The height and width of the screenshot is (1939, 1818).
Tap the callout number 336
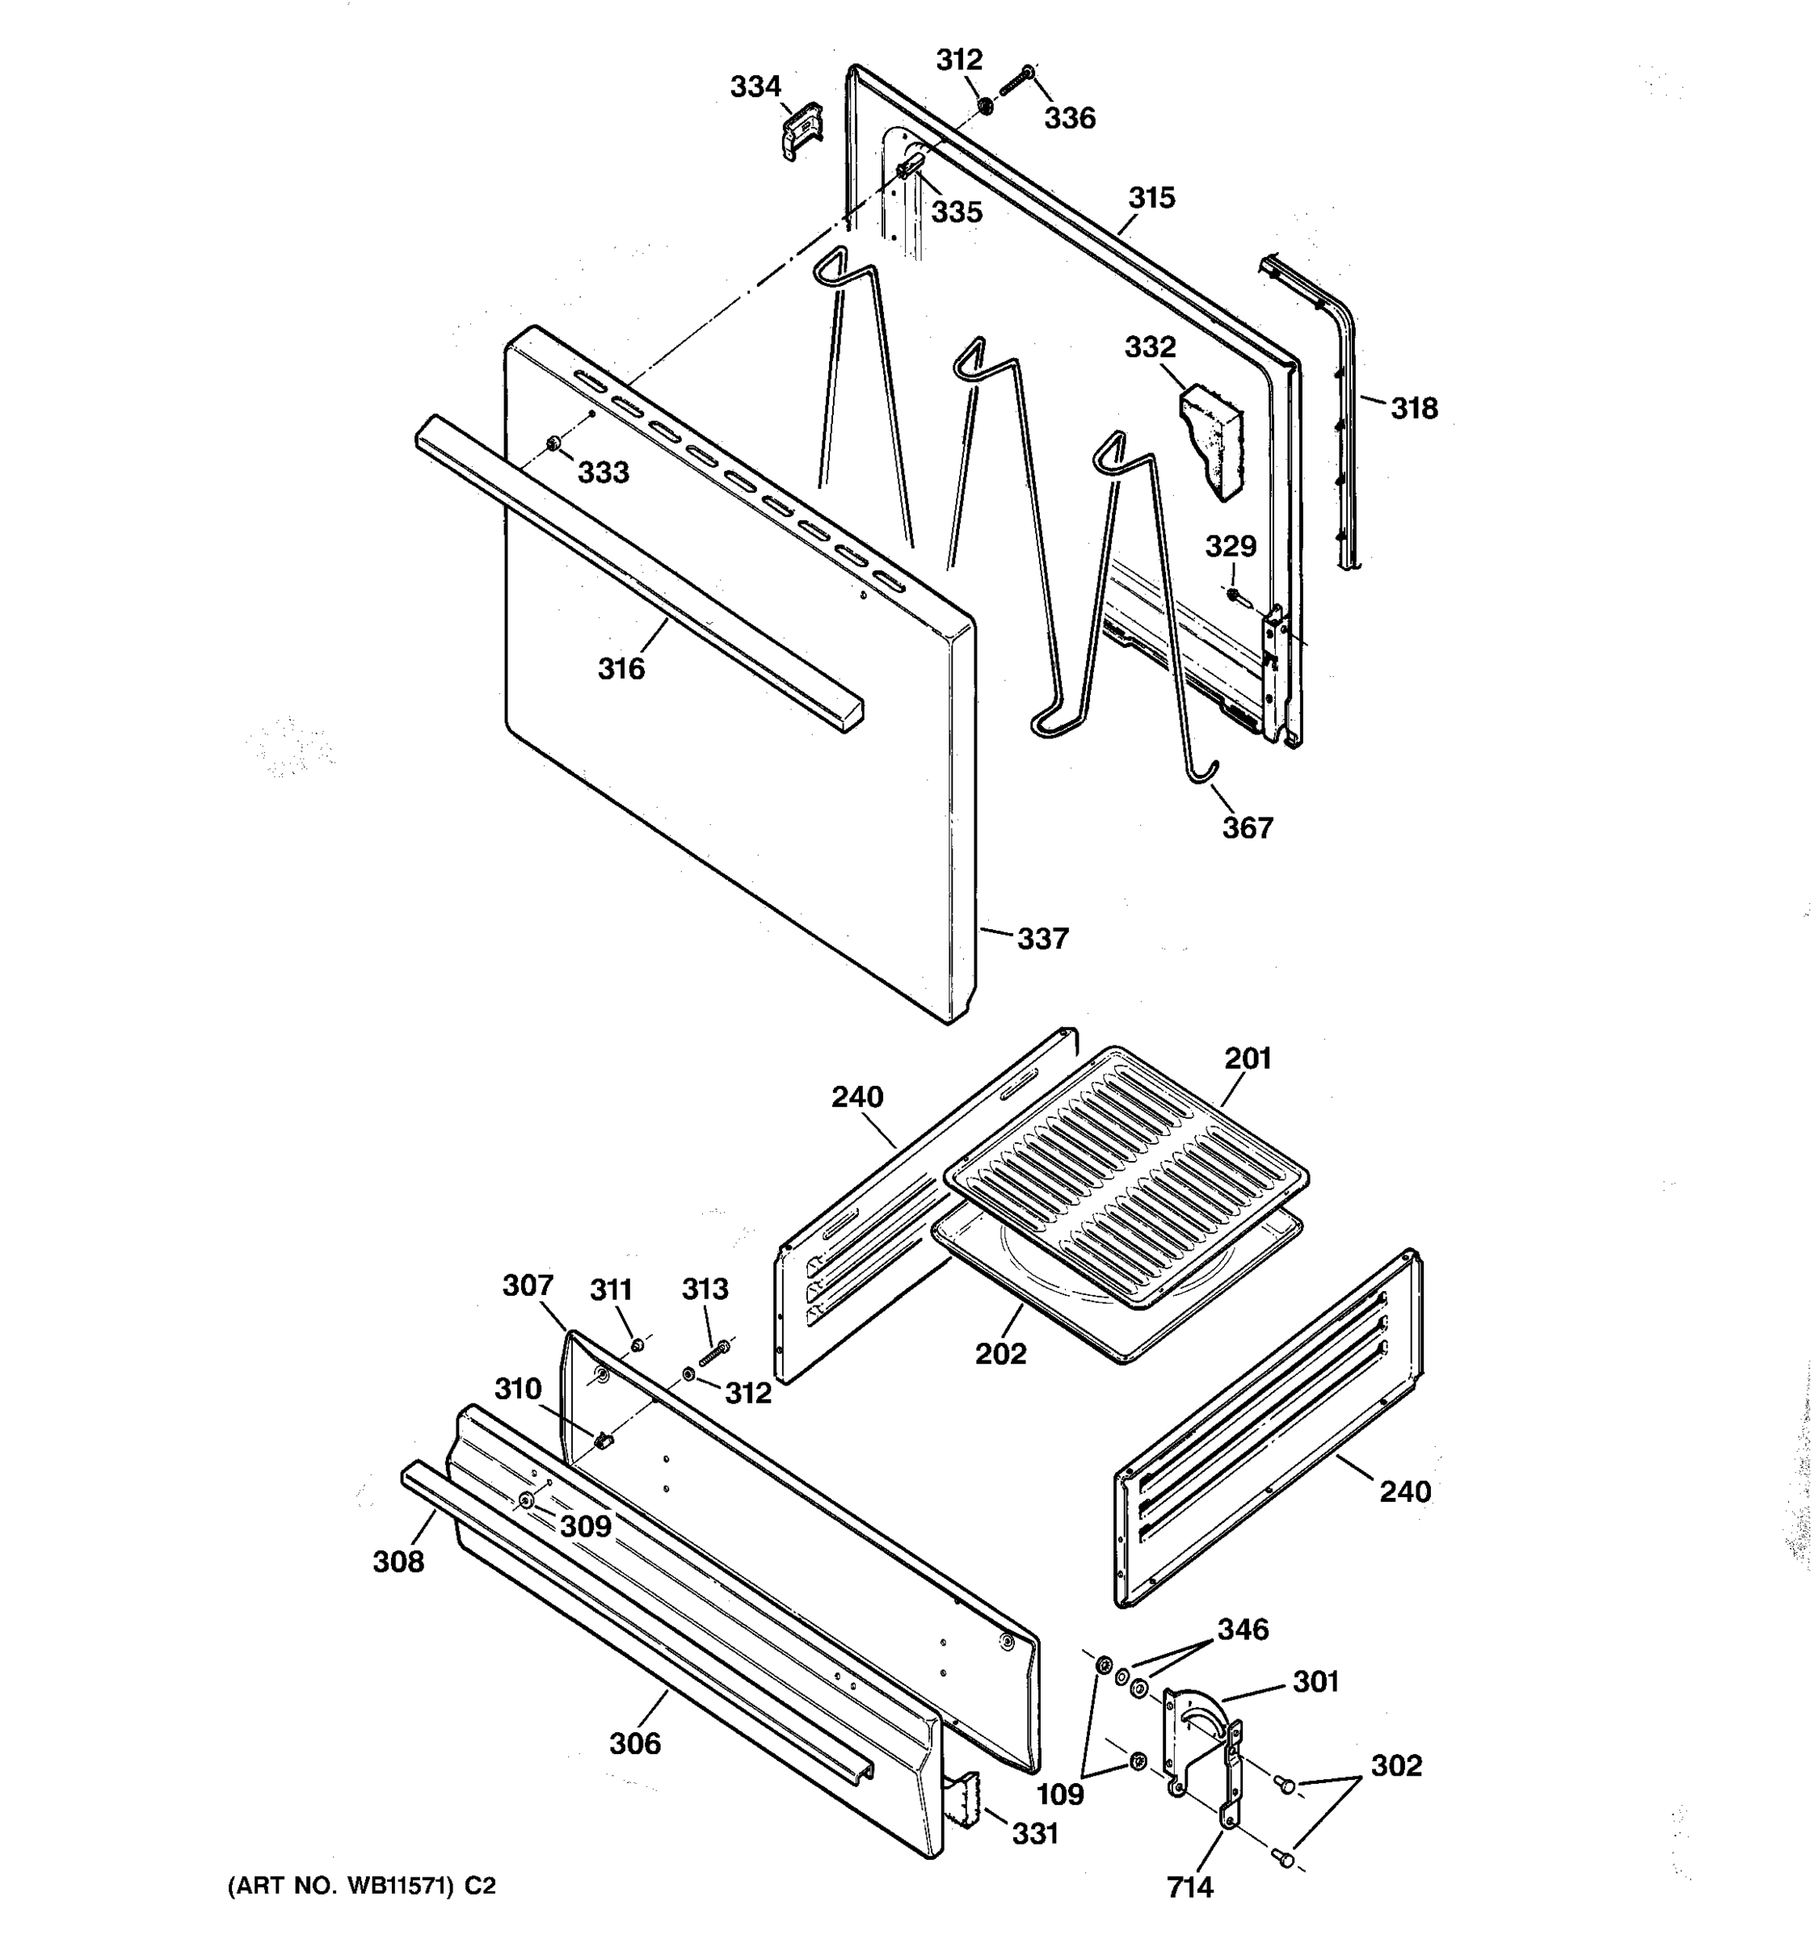click(x=1070, y=119)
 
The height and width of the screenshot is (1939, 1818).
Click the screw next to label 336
click(x=1016, y=80)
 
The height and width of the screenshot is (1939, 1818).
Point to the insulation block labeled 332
click(x=1212, y=439)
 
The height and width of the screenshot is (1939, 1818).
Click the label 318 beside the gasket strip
click(x=1413, y=409)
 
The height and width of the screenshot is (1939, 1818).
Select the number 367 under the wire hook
click(x=1248, y=828)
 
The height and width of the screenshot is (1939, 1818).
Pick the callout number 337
click(x=1042, y=940)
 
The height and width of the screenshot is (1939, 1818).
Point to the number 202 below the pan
click(x=1000, y=1354)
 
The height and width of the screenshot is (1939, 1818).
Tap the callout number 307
click(x=528, y=1285)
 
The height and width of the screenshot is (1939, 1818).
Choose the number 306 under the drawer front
click(x=635, y=1743)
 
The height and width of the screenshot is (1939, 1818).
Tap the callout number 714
click(x=1190, y=1887)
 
